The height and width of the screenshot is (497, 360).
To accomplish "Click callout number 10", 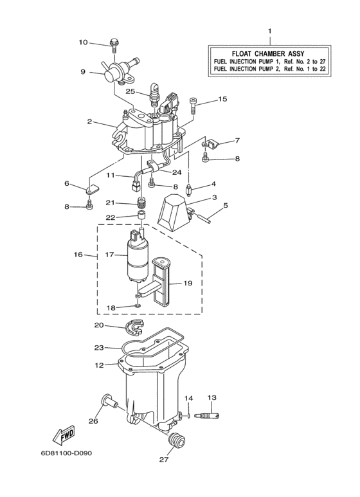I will coord(84,43).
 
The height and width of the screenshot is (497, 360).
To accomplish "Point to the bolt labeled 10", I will coord(114,46).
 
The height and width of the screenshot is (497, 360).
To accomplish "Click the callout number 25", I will coord(130,92).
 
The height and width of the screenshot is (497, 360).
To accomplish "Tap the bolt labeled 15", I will coord(196,102).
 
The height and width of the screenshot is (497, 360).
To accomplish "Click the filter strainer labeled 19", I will coord(166,282).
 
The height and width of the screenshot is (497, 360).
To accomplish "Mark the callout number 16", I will coord(78,255).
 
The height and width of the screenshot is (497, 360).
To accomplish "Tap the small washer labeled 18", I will coord(137,307).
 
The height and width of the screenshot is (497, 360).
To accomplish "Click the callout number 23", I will coord(99,347).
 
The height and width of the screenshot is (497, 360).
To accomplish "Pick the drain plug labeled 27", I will coord(176,442).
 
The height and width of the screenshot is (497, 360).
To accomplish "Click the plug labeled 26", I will coord(107,403).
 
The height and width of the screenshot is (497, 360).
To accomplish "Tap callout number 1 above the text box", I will coord(269,31).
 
